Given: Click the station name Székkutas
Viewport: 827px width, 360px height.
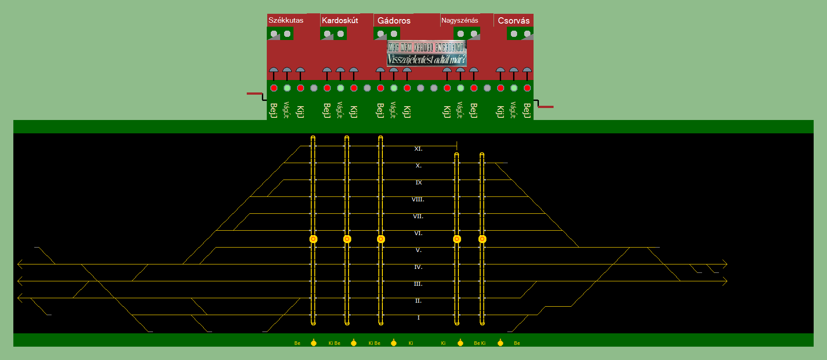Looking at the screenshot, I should point(286,20).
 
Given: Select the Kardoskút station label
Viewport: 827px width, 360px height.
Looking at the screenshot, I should point(340,20).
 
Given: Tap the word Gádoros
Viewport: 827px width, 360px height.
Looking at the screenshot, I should point(394,20).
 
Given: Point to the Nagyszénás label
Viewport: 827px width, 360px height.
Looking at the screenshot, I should point(460,20).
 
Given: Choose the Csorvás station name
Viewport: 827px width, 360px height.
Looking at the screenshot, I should point(514,20).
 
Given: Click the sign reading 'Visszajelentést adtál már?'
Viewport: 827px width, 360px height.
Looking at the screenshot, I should point(426,60).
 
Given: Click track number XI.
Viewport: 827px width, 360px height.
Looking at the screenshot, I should point(418,149).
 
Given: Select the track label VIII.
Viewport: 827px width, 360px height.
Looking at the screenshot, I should point(418,200).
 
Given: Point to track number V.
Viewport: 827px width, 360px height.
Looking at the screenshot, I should point(418,250).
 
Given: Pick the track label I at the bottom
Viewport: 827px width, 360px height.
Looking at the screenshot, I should point(418,318).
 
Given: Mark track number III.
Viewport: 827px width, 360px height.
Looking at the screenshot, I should point(418,284).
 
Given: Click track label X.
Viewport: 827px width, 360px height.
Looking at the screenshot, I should point(418,166).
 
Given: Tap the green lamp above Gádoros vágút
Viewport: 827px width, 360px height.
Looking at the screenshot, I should point(394,88).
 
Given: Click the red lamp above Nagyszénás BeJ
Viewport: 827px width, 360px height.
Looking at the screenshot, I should point(474,88).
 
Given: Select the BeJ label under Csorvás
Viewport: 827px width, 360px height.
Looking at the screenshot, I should point(527,111).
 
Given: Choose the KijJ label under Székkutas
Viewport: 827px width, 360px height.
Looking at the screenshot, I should point(300,112).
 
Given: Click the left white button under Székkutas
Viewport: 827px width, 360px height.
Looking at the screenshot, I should point(274,34).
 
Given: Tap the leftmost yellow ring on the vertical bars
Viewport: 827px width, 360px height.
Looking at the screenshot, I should point(313,239).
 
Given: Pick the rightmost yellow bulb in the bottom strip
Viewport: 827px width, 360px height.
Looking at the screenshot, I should point(500,343).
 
